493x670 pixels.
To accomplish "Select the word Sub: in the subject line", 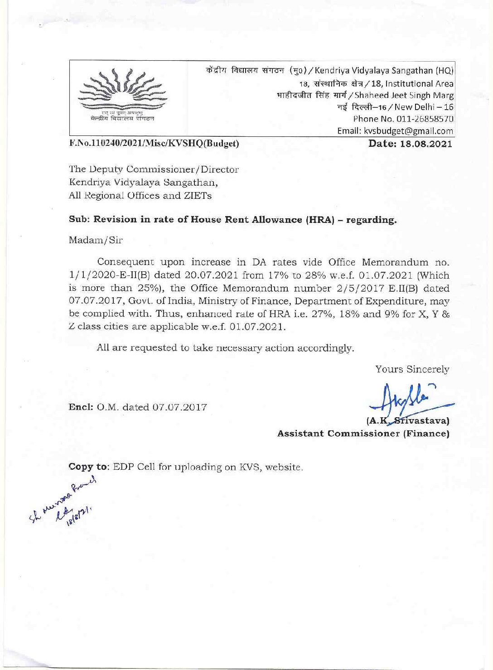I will [78, 219].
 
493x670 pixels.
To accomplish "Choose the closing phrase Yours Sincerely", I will [412, 369].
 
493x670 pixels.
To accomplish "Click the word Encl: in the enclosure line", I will [78, 407].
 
